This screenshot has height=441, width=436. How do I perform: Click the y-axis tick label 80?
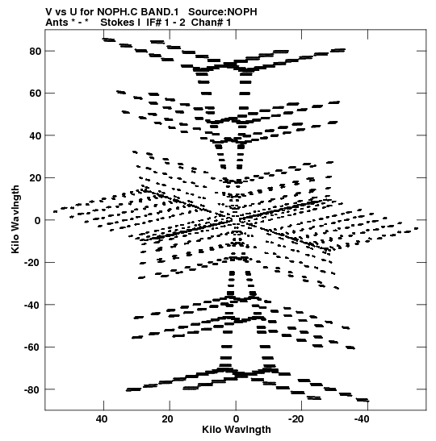coord(36,52)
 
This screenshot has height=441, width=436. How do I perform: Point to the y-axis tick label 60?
coord(36,94)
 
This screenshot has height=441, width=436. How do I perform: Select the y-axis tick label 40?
coord(36,135)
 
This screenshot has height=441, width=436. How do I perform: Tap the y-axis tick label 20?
coord(36,178)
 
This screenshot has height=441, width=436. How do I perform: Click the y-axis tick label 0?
coord(38,221)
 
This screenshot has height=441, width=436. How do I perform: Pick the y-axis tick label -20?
coord(33,263)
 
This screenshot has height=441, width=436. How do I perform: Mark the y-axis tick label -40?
coord(33,305)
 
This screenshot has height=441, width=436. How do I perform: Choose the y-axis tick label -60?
coord(33,347)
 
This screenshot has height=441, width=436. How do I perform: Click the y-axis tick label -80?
coord(33,390)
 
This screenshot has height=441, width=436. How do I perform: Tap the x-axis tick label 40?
coord(102,419)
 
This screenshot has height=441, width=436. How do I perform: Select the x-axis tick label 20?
coord(168,419)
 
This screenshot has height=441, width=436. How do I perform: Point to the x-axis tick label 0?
coord(236,419)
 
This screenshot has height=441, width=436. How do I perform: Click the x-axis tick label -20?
coord(296,419)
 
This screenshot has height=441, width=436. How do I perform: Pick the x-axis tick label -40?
coord(362,419)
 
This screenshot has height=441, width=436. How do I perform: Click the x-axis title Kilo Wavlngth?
coord(237,430)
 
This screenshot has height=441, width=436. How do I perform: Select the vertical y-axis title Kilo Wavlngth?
coord(15,219)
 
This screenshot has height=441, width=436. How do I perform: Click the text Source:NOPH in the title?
coord(223,12)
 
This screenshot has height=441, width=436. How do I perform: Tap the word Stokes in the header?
coord(120,23)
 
